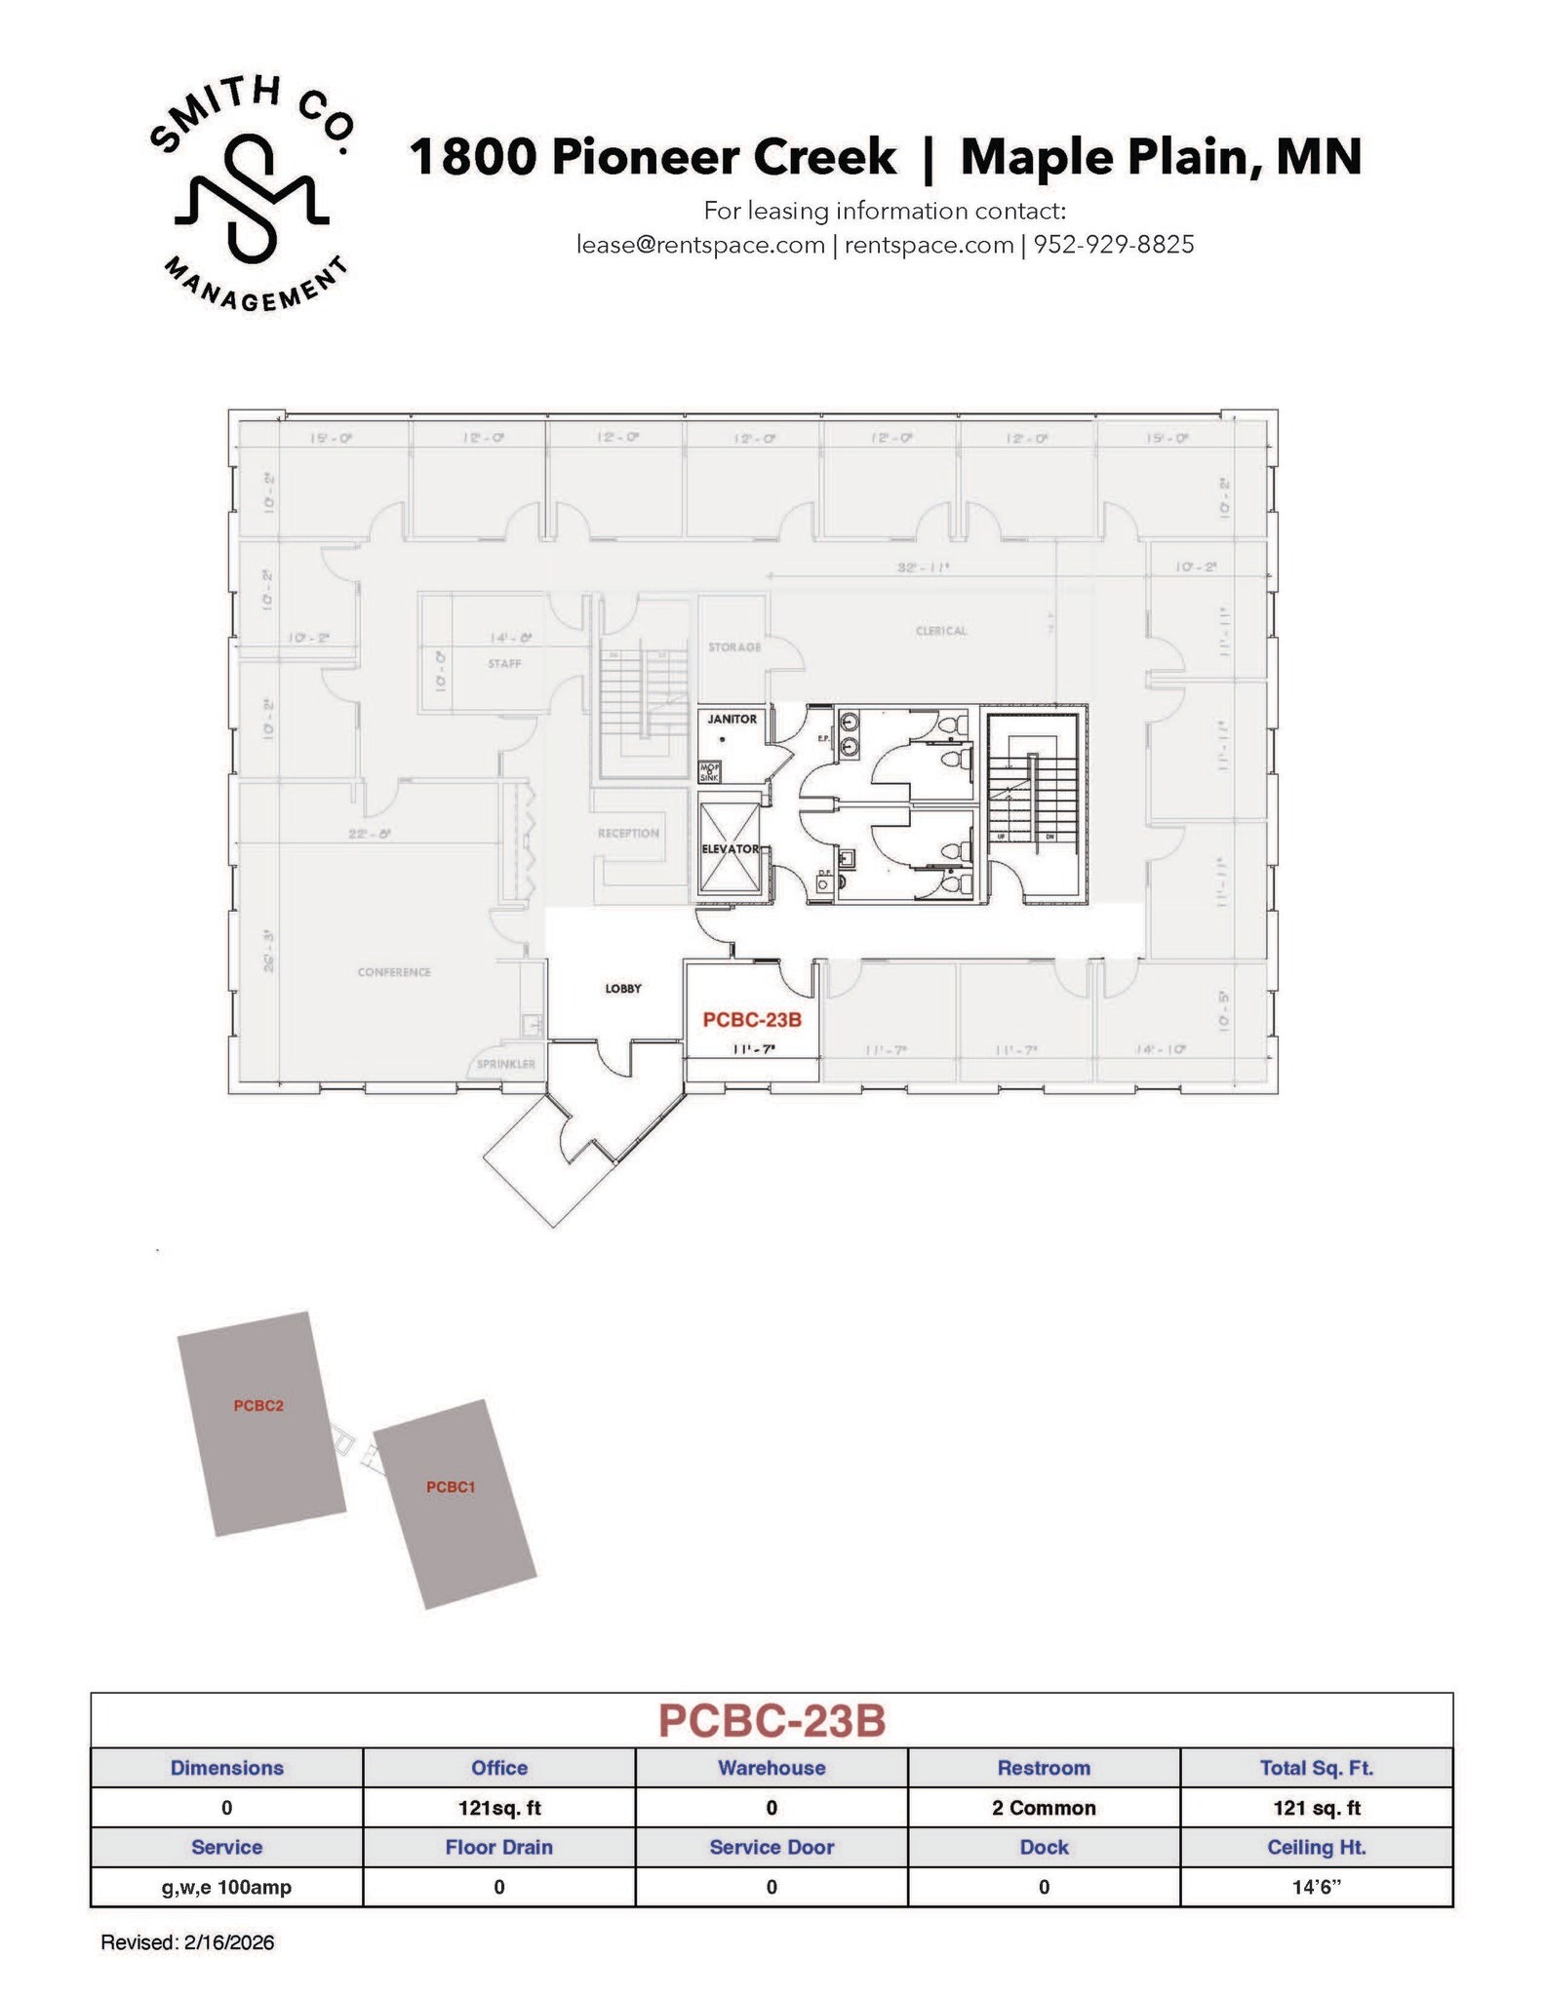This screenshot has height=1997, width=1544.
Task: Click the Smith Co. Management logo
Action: [x=252, y=192]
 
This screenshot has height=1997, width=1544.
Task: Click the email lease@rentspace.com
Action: [x=700, y=245]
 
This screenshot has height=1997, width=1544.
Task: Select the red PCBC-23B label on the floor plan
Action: [x=752, y=1020]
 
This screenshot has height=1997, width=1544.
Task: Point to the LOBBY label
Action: [x=623, y=989]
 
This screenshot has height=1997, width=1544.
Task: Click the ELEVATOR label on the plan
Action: [x=730, y=849]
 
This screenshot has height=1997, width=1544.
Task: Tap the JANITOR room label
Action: [x=732, y=719]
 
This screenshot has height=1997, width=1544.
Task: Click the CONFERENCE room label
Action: [x=394, y=972]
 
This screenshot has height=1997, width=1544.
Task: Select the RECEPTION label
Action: [x=628, y=834]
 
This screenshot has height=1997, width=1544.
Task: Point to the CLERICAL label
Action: [x=941, y=631]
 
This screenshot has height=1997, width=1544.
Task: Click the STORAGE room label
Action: [x=734, y=647]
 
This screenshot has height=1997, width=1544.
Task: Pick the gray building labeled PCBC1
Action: [x=454, y=1503]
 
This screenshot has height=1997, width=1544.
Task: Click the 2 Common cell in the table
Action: [x=1044, y=1808]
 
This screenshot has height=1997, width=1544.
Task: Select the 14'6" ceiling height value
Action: [x=1316, y=1887]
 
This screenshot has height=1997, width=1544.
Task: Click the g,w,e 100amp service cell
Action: [x=226, y=1887]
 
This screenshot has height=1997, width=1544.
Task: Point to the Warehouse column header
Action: [x=772, y=1768]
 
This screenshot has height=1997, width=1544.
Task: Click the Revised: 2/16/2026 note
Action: [x=187, y=1942]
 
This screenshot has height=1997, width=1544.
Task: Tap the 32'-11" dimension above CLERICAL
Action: [x=923, y=567]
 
